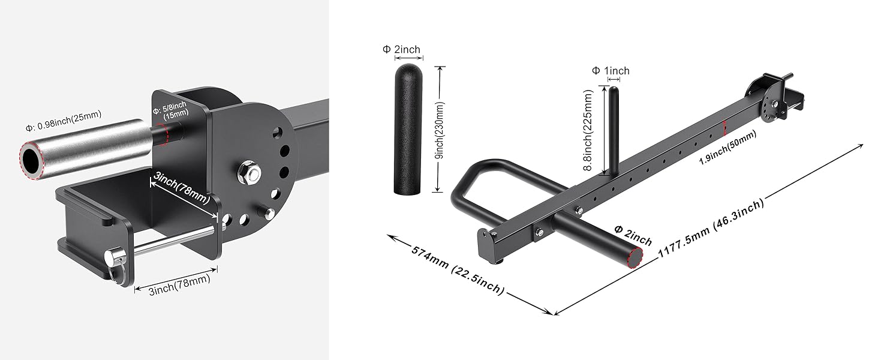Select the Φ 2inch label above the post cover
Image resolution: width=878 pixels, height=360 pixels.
(x=401, y=49)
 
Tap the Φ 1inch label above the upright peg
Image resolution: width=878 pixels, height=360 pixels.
(x=611, y=71)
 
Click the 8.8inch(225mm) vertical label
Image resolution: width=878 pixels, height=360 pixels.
(x=591, y=130)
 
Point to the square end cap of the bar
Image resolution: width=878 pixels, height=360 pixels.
(x=485, y=245)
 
